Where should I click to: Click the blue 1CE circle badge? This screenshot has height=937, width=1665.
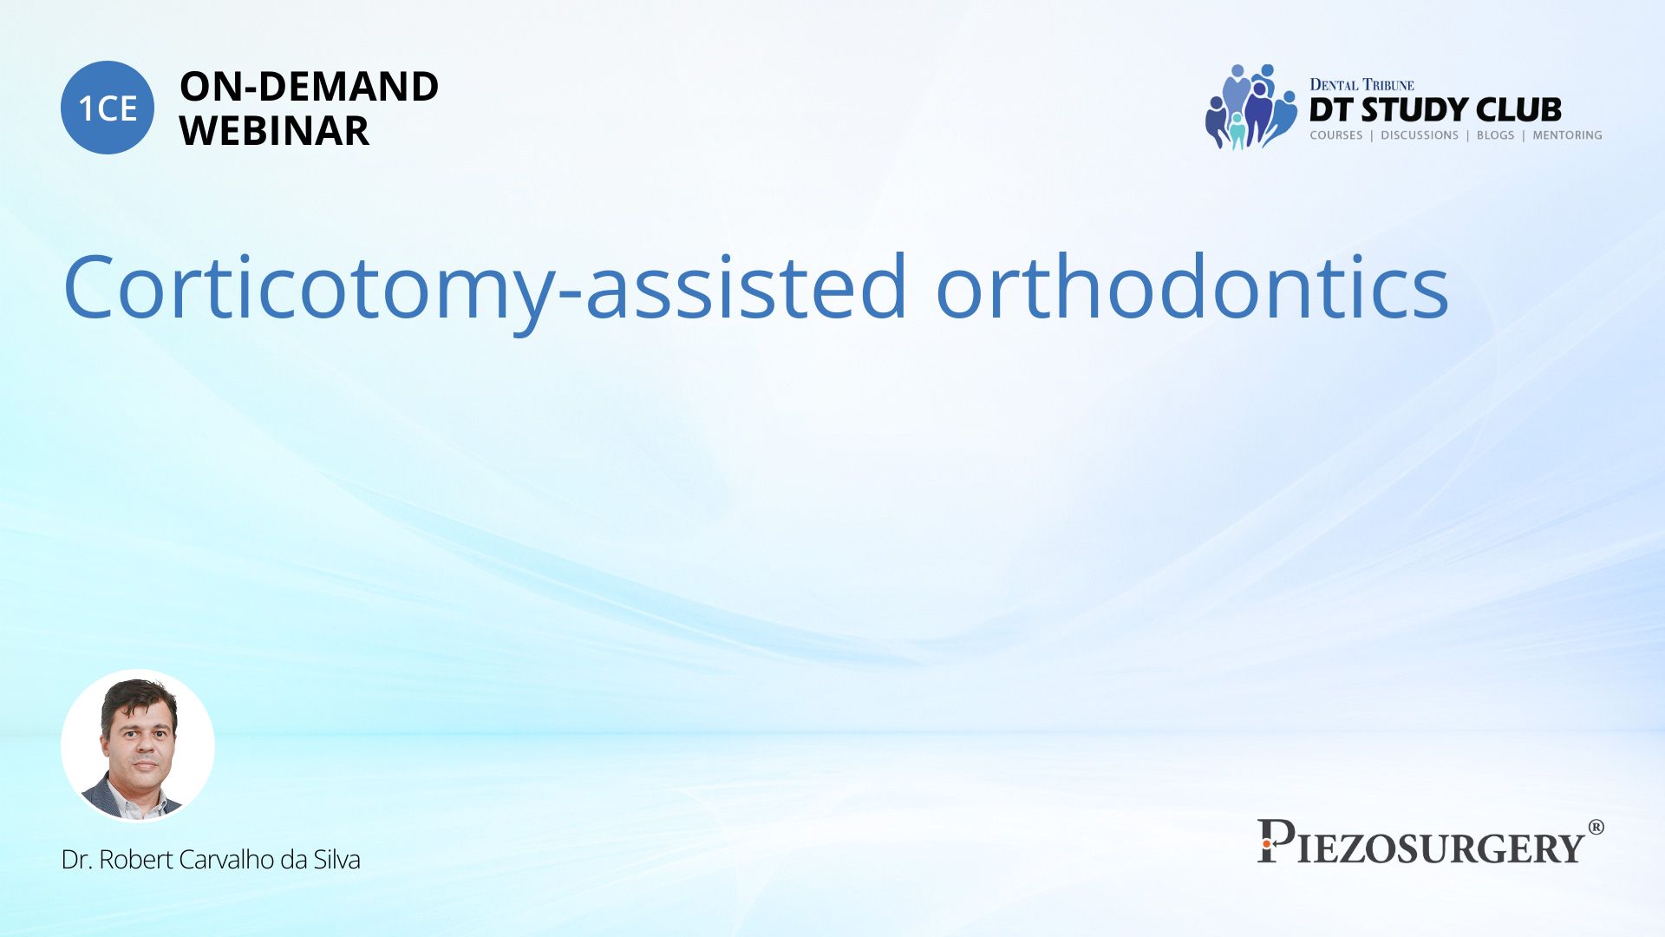coord(108,108)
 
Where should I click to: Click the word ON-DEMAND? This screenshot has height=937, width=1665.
coord(309,87)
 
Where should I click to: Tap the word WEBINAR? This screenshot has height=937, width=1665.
coord(274,131)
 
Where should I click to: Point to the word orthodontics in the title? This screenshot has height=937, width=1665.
coord(1192,285)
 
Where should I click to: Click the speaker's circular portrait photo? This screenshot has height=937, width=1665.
coord(138,746)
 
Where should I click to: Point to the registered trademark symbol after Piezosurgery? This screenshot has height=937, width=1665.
coord(1596,827)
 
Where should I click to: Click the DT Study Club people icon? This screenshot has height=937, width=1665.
coord(1250,107)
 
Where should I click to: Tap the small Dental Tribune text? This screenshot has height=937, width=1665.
coord(1361,85)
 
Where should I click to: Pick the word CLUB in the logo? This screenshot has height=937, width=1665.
coord(1518,110)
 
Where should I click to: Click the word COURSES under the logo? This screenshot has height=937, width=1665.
coord(1336,135)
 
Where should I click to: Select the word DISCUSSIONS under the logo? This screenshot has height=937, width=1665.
coord(1420,135)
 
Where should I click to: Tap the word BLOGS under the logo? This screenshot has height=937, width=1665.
coord(1495,135)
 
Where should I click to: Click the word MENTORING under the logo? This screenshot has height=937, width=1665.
coord(1567,135)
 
